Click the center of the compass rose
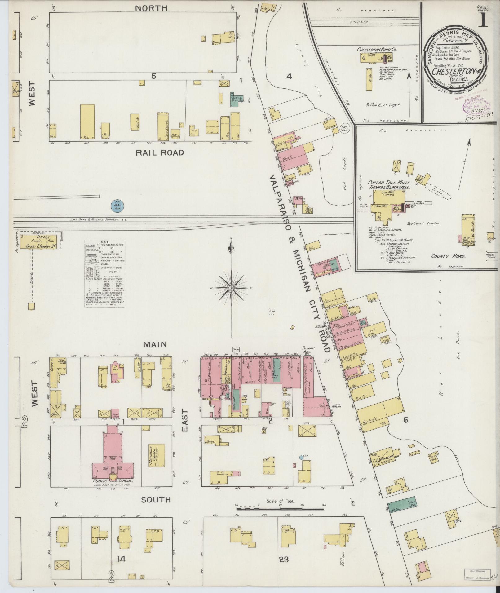click(231, 288)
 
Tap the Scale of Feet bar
click(280, 507)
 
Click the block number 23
click(284, 560)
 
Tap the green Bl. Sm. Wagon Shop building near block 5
click(235, 99)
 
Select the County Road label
click(448, 256)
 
